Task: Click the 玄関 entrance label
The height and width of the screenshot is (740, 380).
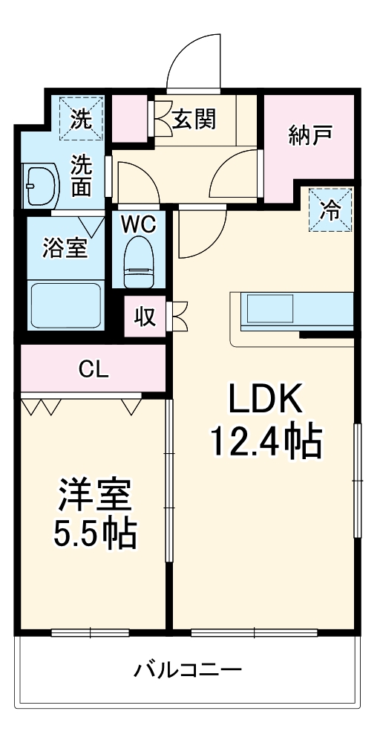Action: tap(194, 120)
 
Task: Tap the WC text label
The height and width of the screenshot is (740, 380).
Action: tap(139, 225)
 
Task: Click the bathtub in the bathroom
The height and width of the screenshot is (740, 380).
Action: tap(65, 305)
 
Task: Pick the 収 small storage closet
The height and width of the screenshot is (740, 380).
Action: tap(145, 316)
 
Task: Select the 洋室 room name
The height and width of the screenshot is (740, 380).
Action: tap(94, 496)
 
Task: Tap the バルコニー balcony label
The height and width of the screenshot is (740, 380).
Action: tap(188, 671)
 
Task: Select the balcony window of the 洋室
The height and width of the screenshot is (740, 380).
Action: tap(91, 634)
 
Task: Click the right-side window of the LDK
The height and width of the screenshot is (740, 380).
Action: tap(358, 480)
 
